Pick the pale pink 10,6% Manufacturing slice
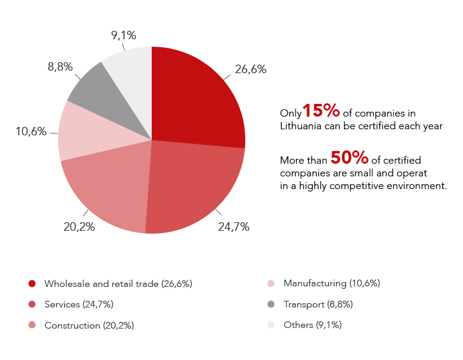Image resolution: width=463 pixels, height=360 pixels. [82, 133]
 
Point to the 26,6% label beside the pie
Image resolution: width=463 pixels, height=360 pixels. [250, 69]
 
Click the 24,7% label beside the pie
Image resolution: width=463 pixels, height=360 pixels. [233, 227]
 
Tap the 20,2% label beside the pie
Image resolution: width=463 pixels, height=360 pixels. [79, 227]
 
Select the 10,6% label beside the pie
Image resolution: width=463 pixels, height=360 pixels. [31, 131]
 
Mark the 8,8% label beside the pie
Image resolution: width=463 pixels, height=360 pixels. [60, 67]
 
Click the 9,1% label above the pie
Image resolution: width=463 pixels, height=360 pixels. [123, 35]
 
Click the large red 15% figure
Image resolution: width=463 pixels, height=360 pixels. [320, 111]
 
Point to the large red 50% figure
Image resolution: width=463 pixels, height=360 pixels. [349, 158]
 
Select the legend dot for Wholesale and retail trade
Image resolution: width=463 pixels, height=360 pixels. [32, 283]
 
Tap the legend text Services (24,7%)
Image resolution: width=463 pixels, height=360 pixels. [79, 304]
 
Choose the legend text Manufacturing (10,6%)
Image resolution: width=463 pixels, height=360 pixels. [331, 283]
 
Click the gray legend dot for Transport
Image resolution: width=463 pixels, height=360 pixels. [271, 304]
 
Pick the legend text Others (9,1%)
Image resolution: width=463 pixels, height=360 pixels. [312, 325]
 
